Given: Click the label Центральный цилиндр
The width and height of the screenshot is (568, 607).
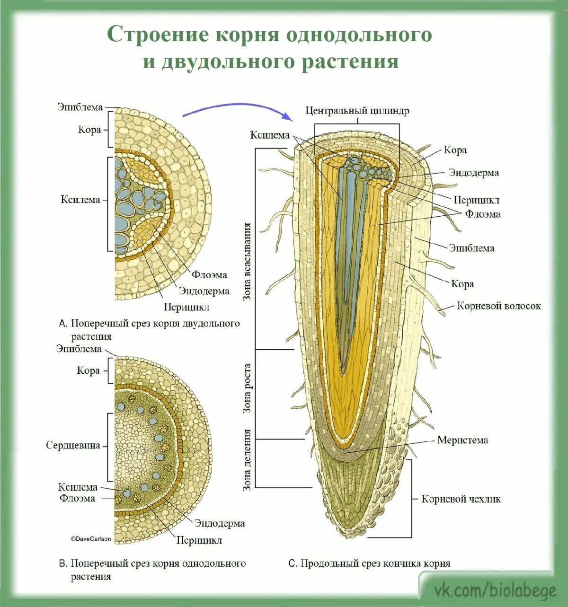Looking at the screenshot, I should (x=357, y=111).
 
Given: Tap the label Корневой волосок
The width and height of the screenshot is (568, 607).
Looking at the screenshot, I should (x=498, y=306).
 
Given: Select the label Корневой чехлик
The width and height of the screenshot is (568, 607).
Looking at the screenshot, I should (x=461, y=499).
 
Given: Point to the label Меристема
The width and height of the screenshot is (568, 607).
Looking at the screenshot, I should (x=462, y=440).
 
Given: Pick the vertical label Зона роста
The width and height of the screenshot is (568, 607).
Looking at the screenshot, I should (x=247, y=388).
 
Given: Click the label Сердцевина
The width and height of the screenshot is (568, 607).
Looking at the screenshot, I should (x=73, y=445).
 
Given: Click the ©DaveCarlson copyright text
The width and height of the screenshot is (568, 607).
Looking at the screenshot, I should (x=91, y=538).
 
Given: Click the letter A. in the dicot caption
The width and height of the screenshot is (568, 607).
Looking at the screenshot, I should (x=63, y=324).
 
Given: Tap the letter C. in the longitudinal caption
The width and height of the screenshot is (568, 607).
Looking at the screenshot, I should (x=293, y=563).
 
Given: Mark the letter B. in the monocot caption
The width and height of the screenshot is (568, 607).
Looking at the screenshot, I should (x=63, y=563).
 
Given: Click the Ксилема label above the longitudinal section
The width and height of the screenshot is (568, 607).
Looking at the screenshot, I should (x=270, y=135).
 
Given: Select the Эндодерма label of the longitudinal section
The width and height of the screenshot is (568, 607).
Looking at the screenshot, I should (x=473, y=173).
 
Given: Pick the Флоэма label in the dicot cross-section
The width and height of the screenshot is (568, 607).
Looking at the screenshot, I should (x=209, y=275).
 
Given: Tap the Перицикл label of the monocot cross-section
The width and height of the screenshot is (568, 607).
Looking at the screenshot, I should (x=199, y=540).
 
